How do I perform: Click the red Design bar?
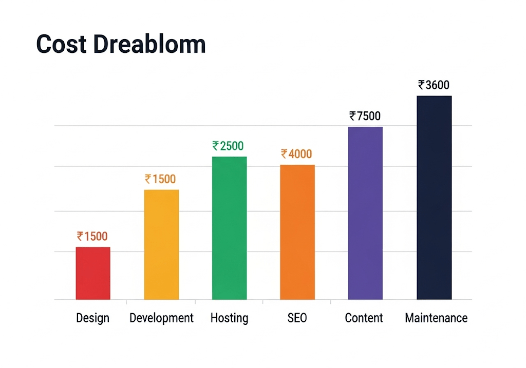93,273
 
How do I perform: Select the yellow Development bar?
161,244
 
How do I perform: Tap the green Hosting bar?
229,228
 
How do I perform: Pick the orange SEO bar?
297,232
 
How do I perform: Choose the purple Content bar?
365,213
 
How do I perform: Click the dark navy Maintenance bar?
434,198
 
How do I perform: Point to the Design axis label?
93,318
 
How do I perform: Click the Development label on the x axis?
161,318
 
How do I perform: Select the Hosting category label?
229,318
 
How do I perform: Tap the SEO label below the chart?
297,318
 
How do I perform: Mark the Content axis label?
364,318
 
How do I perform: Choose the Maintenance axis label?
436,318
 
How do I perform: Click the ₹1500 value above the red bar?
92,237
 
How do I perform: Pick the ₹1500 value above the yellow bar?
160,179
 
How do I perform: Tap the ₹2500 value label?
228,146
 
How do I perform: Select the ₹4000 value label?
296,154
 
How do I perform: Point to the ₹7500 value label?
365,117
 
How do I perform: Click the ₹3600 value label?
434,85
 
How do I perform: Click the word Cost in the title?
61,45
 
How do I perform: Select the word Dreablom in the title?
149,45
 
